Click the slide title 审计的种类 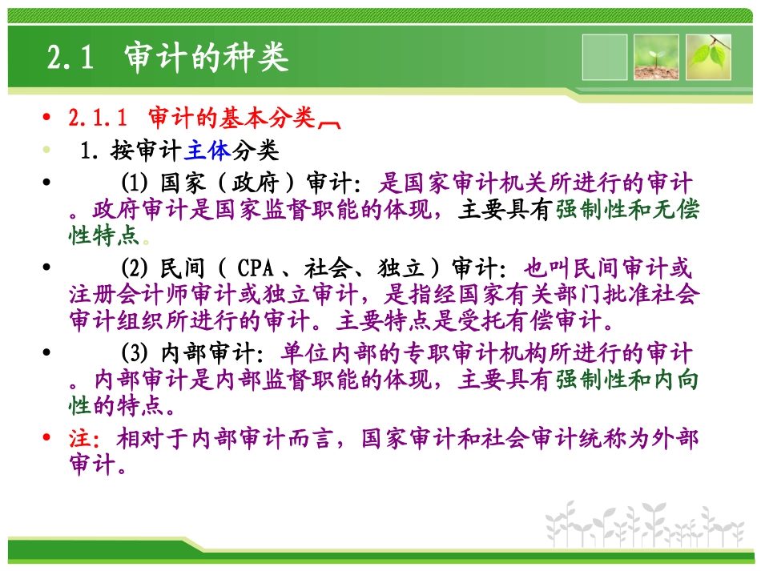(x=206, y=58)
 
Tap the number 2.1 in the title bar (x=71, y=58)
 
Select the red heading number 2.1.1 (x=98, y=119)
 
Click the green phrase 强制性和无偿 (x=626, y=210)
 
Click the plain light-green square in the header (x=605, y=57)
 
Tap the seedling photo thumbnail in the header (x=656, y=57)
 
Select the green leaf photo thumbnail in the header (x=708, y=57)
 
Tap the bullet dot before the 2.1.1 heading (x=49, y=119)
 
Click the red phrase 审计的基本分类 (x=232, y=119)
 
